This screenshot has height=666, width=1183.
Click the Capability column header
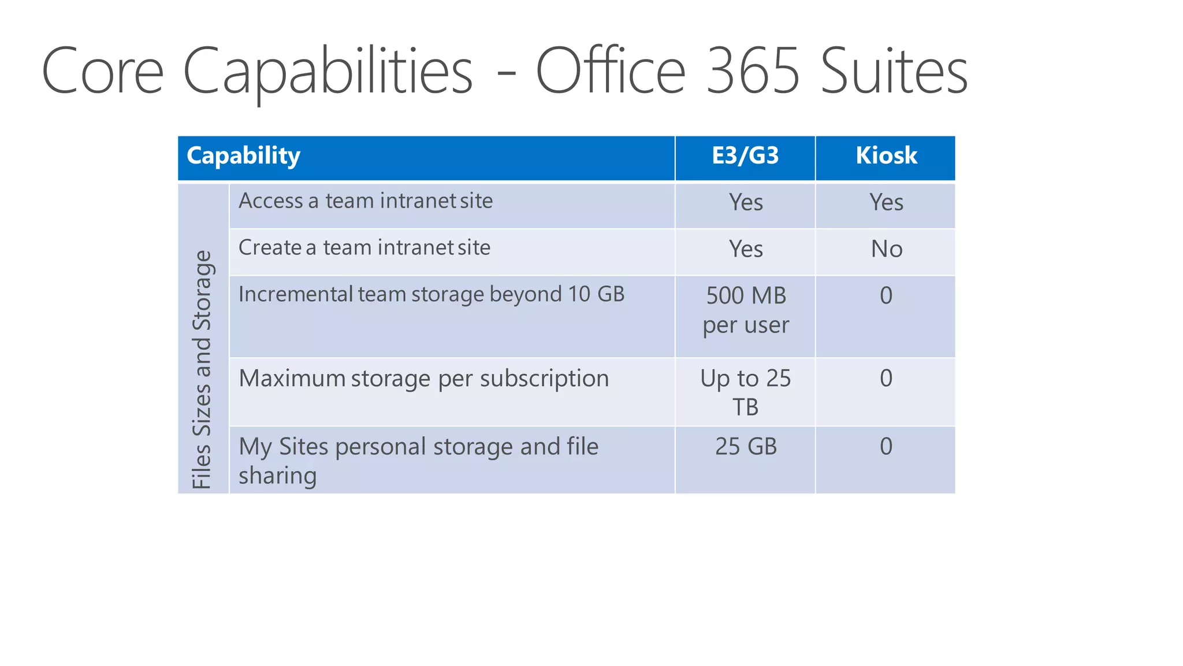pos(243,156)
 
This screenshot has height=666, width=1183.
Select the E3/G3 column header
pos(745,156)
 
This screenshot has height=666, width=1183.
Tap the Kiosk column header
pos(886,156)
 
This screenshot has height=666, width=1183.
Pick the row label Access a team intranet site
pos(366,201)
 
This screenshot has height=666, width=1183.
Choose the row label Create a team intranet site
pos(364,248)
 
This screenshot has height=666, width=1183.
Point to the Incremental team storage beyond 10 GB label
pos(431,295)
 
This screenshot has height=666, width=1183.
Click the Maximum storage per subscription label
pos(424,379)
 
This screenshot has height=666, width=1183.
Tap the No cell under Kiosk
pos(886,249)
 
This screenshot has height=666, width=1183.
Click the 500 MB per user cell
pos(746,310)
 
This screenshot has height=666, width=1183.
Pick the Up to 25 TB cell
pos(745,393)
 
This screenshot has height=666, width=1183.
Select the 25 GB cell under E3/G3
pos(746,447)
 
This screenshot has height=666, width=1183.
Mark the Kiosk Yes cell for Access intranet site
pos(886,202)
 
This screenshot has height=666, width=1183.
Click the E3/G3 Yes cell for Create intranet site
pos(746,249)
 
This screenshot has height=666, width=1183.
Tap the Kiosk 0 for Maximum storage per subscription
pos(886,379)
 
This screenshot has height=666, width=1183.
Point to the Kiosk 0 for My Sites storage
pos(886,447)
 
